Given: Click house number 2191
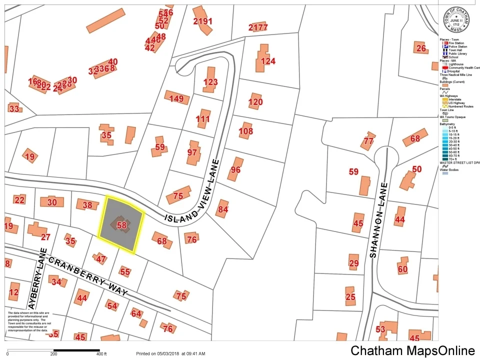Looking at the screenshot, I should [202, 21].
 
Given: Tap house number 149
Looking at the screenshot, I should [176, 98].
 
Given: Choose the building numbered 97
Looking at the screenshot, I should [192, 152].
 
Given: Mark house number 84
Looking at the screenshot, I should [223, 209].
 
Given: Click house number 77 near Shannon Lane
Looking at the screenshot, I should [368, 141].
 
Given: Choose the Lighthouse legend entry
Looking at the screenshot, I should [455, 64].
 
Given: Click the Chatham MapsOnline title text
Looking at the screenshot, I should [412, 350].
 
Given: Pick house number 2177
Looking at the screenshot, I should [258, 27].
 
